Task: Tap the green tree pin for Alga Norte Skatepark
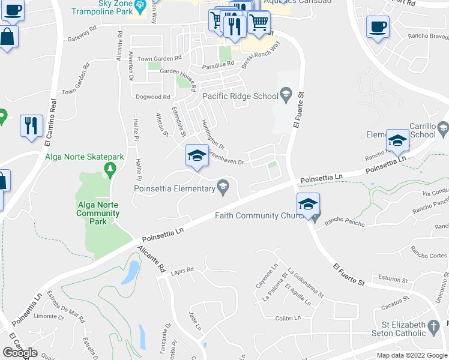(x=109, y=170)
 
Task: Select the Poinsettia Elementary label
(x=174, y=189)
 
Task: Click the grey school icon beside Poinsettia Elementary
(x=223, y=187)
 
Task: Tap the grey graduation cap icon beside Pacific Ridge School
(x=286, y=95)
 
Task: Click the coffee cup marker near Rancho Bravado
(x=378, y=28)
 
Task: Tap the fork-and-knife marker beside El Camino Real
(x=31, y=126)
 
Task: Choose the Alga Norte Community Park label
(x=98, y=213)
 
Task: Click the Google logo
(x=20, y=353)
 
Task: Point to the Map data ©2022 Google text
(x=411, y=355)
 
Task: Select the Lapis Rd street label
(x=182, y=270)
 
